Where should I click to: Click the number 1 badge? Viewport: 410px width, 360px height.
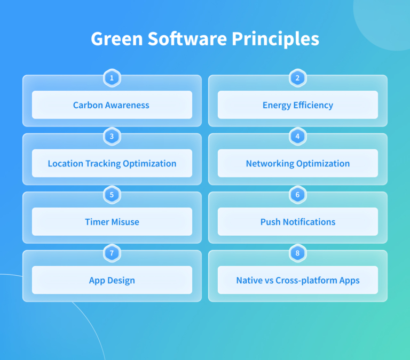pyautogui.click(x=112, y=78)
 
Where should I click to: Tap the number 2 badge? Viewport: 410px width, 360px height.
pyautogui.click(x=297, y=78)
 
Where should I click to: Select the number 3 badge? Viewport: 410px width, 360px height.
pyautogui.click(x=112, y=137)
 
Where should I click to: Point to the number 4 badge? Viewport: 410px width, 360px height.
pyautogui.click(x=297, y=137)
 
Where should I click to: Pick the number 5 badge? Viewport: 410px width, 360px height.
pyautogui.click(x=112, y=195)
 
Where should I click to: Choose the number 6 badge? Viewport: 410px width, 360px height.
pyautogui.click(x=297, y=195)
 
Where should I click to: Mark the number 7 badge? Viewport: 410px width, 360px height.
pyautogui.click(x=112, y=253)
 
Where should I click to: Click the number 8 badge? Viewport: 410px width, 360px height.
pyautogui.click(x=297, y=253)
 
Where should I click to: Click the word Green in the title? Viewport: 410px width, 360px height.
pyautogui.click(x=115, y=39)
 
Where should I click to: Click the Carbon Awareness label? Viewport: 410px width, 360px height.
pyautogui.click(x=111, y=105)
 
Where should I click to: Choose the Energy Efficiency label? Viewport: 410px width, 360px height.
pyautogui.click(x=297, y=105)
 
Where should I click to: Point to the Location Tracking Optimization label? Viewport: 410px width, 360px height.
pyautogui.click(x=112, y=164)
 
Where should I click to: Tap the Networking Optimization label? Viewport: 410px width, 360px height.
pyautogui.click(x=297, y=164)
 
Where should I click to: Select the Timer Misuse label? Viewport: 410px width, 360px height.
pyautogui.click(x=112, y=222)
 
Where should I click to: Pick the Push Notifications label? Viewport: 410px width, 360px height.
pyautogui.click(x=297, y=222)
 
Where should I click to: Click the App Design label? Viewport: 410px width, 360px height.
pyautogui.click(x=112, y=280)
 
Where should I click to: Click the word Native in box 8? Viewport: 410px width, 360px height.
pyautogui.click(x=249, y=280)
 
